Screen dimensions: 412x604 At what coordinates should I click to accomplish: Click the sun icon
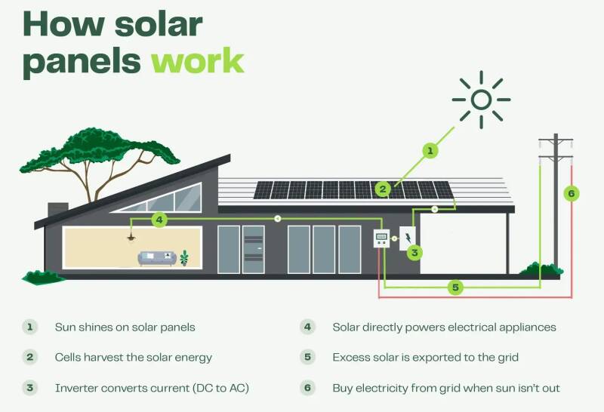click(481, 99)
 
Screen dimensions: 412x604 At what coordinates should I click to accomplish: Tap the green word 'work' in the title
click(198, 60)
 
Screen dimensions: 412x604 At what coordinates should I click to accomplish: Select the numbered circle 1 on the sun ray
click(430, 151)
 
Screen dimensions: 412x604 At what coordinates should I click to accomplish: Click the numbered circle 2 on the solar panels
click(384, 189)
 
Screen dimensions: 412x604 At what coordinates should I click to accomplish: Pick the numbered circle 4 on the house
click(159, 220)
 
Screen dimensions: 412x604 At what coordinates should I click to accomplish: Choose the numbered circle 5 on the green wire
click(455, 287)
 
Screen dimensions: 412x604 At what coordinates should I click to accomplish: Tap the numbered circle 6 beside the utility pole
click(572, 194)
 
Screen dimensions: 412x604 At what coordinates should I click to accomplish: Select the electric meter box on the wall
click(382, 239)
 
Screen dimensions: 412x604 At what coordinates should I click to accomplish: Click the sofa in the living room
click(157, 259)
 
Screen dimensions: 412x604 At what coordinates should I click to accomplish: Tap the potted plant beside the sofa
click(184, 258)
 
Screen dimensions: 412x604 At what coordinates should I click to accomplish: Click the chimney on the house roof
click(57, 208)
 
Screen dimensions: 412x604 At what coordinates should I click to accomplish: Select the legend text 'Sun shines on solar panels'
click(125, 327)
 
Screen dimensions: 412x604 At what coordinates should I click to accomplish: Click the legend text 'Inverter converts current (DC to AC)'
click(152, 388)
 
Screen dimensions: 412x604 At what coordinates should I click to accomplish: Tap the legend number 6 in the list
click(307, 388)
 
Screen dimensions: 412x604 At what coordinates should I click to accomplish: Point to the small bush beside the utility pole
click(551, 269)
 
